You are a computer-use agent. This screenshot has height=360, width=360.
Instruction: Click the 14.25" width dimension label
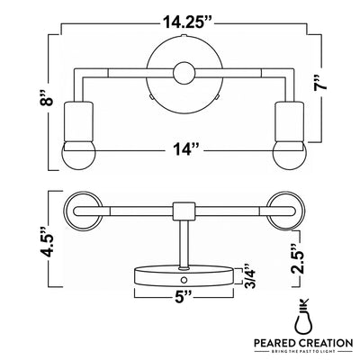point(188,22)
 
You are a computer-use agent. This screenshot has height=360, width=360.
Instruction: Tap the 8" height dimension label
point(47,97)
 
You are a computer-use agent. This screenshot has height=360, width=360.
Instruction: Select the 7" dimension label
point(319,82)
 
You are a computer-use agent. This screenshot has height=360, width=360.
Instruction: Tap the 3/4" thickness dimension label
point(249,276)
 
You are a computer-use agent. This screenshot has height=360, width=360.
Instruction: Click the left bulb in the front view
point(78,156)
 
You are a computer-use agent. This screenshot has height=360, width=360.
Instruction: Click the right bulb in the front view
point(290,156)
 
